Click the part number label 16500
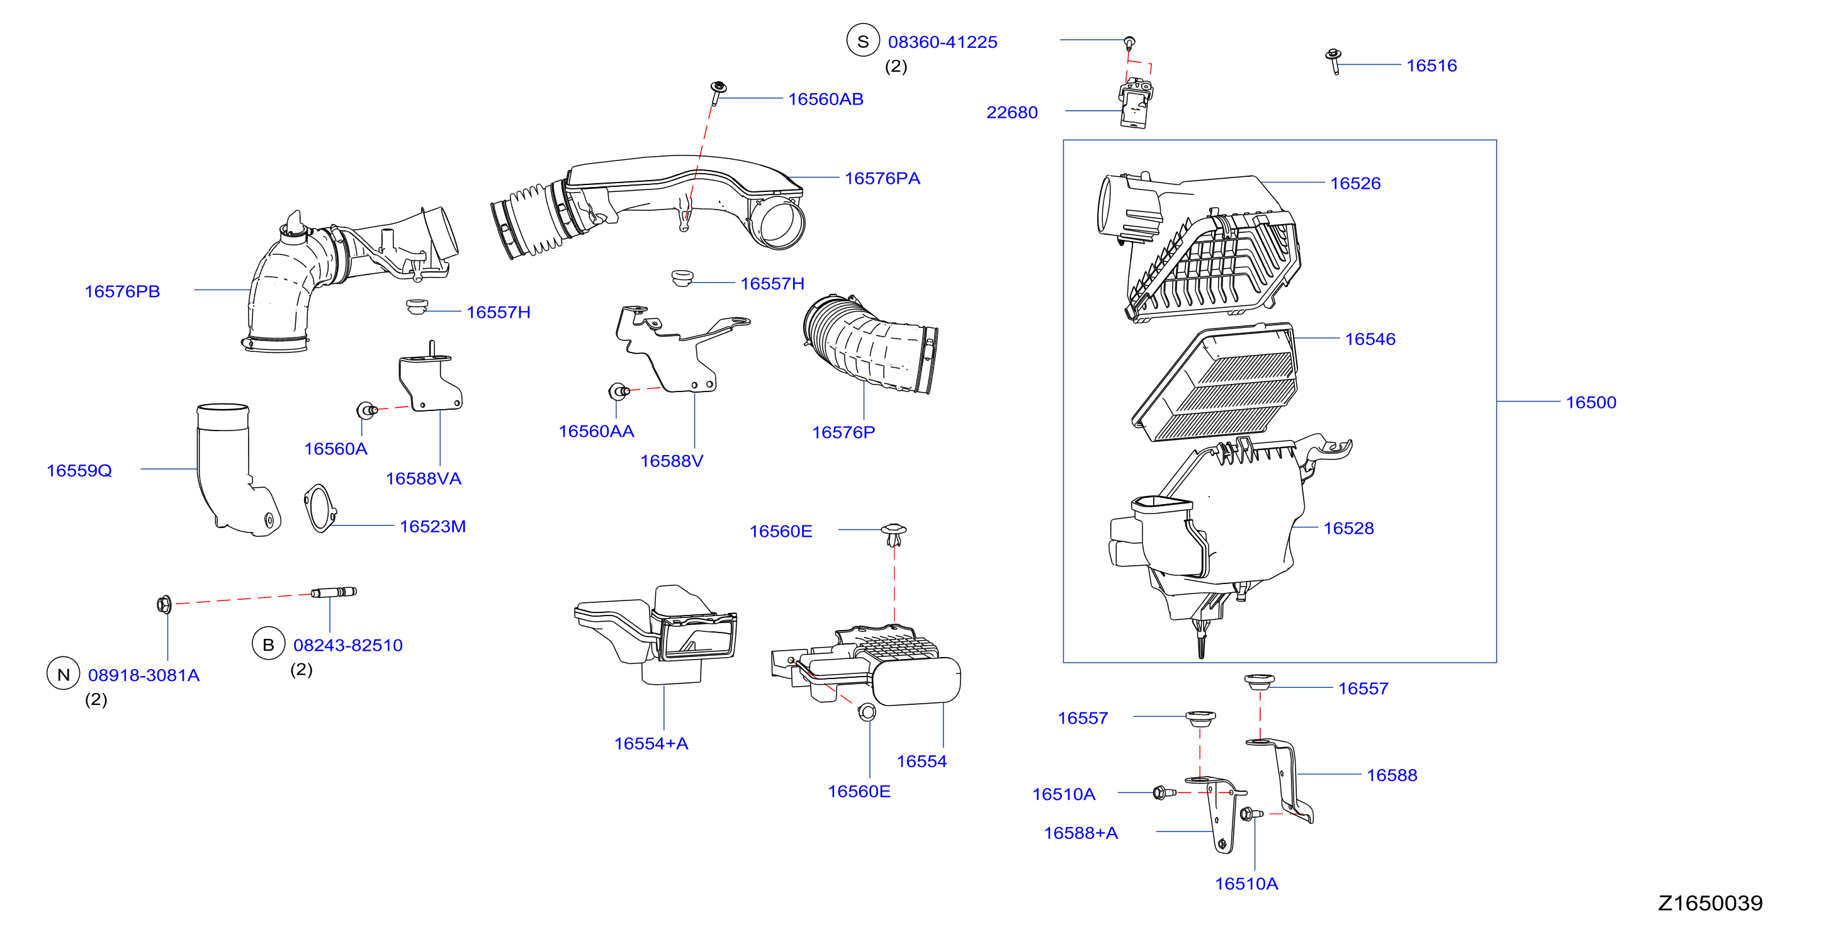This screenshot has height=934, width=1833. pyautogui.click(x=1591, y=403)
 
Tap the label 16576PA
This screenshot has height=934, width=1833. pyautogui.click(x=883, y=179)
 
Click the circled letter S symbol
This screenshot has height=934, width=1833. pyautogui.click(x=863, y=42)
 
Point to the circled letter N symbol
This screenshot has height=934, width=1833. pyautogui.click(x=64, y=674)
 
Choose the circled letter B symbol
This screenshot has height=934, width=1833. pyautogui.click(x=268, y=644)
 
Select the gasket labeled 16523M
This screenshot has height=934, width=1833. pyautogui.click(x=320, y=508)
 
